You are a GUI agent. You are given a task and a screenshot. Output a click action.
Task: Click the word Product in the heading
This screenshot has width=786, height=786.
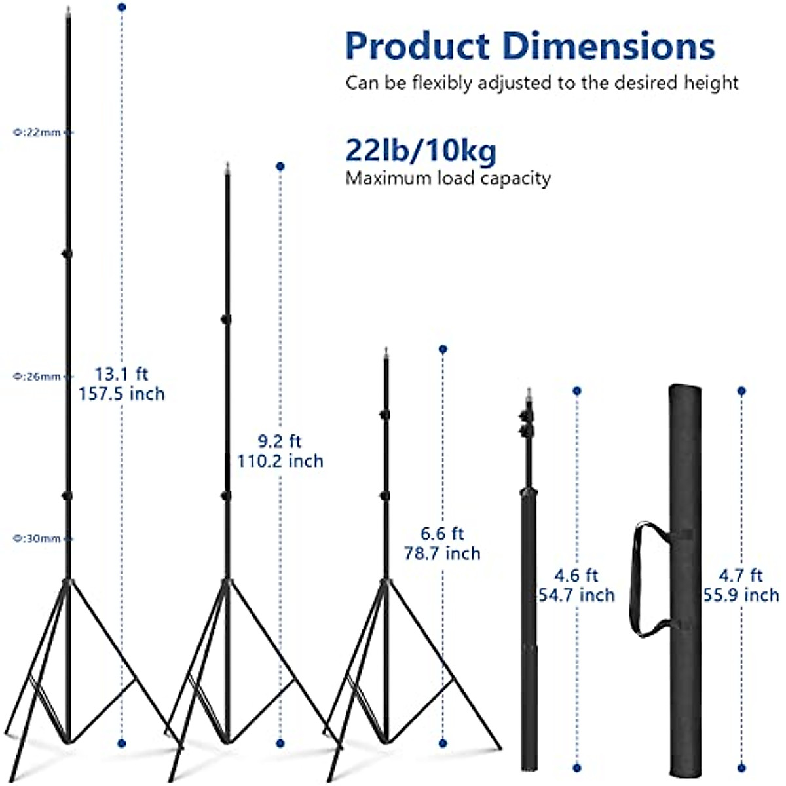pos(417,47)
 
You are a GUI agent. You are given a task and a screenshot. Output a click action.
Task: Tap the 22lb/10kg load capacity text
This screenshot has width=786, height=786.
pos(421,151)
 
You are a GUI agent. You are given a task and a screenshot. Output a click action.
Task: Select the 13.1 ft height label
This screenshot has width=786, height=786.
pos(122,374)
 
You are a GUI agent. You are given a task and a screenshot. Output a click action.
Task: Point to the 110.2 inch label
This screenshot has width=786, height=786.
pos(280,461)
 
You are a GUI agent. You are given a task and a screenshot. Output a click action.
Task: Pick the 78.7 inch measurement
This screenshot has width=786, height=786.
pos(442,553)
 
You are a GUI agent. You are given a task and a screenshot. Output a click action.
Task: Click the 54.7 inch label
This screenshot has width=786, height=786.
pos(576,595)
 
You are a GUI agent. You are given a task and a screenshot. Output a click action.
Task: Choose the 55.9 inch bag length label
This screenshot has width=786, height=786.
pos(741,595)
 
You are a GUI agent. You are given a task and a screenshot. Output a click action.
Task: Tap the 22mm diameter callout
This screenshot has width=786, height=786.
pos(38,132)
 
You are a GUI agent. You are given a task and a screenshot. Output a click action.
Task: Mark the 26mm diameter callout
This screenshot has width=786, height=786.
pos(38,377)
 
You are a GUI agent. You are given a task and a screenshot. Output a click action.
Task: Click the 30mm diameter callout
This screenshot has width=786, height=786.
pos(38,539)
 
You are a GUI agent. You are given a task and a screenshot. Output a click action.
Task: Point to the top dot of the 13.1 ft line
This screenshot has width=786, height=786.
pos(121,7)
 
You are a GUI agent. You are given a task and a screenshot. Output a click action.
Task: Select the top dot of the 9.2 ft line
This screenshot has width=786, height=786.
pos(280,166)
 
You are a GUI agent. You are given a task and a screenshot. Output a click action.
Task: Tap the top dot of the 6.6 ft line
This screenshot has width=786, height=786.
pos(443,349)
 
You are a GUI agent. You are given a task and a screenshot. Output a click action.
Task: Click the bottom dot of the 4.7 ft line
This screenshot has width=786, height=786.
pos(741,768)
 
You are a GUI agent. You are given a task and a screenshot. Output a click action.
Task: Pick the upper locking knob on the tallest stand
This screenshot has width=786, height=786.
pos(67,253)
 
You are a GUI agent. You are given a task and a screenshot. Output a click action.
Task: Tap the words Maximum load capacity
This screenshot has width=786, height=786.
pos(448,178)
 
